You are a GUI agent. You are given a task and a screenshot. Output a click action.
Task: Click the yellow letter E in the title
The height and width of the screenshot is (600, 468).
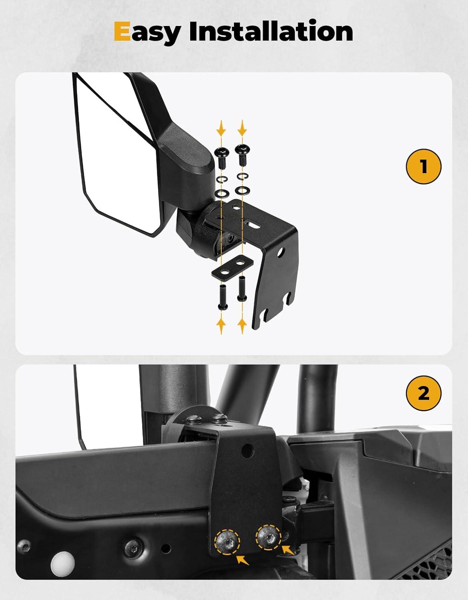point(122,32)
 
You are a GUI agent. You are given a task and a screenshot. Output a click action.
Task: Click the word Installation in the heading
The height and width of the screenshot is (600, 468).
point(271,32)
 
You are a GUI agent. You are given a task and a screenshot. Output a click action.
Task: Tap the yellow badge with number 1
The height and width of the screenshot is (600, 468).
point(424,166)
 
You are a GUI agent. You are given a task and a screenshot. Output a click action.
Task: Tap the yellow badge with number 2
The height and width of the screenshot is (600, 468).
point(424,393)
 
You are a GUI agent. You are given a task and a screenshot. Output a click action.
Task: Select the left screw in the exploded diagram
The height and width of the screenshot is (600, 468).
point(221,158)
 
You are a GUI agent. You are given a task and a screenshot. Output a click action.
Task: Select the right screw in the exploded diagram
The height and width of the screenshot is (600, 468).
point(241,156)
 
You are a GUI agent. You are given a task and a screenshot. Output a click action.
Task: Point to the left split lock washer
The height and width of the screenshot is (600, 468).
point(221,180)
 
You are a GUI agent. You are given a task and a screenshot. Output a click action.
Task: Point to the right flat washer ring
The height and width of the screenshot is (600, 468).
point(242,190)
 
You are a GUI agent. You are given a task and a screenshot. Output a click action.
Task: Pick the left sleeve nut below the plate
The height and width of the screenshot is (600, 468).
point(223,298)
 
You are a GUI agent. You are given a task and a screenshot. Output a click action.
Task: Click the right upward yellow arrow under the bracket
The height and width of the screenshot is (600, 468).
point(242,326)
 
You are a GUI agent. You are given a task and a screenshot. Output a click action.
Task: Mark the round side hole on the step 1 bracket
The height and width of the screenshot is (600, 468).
point(281,252)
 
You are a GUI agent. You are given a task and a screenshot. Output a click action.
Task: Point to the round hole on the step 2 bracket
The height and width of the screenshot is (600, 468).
point(247,450)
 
